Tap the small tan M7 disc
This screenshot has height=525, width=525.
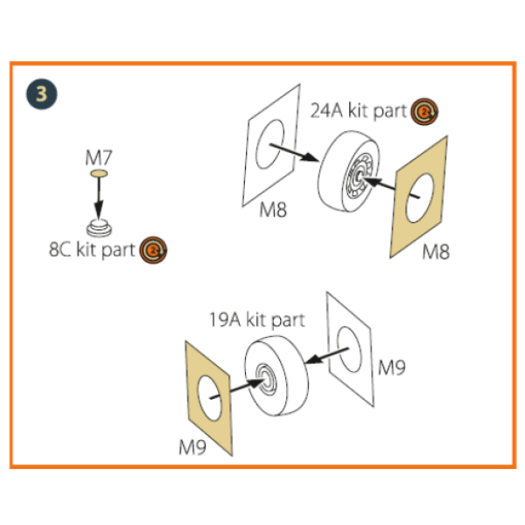pos(99,175)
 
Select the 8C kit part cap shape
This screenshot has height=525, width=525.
pos(99,227)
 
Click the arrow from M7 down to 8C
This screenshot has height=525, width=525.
pos(99,199)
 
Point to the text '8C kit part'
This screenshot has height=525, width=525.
pos(92,250)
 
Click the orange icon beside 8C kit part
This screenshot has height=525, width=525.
pos(154,250)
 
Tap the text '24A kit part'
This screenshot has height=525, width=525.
pos(359,112)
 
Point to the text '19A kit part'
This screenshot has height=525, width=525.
pos(256,320)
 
